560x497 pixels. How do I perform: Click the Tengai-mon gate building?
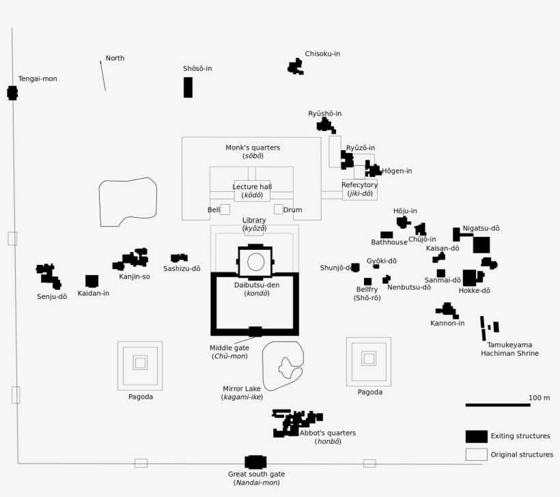[12, 93]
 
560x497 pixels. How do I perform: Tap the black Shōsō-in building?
[188, 87]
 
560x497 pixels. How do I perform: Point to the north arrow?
[103, 75]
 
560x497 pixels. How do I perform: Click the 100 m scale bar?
[498, 405]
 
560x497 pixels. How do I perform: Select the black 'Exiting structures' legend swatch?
[477, 436]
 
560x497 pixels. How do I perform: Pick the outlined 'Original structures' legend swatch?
[477, 454]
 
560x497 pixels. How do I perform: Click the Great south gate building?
[255, 462]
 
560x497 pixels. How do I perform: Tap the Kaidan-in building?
[92, 281]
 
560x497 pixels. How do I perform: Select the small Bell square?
[225, 210]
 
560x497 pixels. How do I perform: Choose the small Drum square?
[279, 209]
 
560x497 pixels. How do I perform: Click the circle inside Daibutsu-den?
[255, 261]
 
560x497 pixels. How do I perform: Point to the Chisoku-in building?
[295, 67]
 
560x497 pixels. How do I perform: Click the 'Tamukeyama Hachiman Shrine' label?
[509, 349]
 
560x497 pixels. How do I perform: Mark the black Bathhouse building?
[387, 235]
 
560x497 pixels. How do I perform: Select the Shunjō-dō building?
[355, 268]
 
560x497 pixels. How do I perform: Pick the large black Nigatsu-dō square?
[481, 244]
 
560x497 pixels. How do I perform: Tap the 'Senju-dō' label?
[52, 296]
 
